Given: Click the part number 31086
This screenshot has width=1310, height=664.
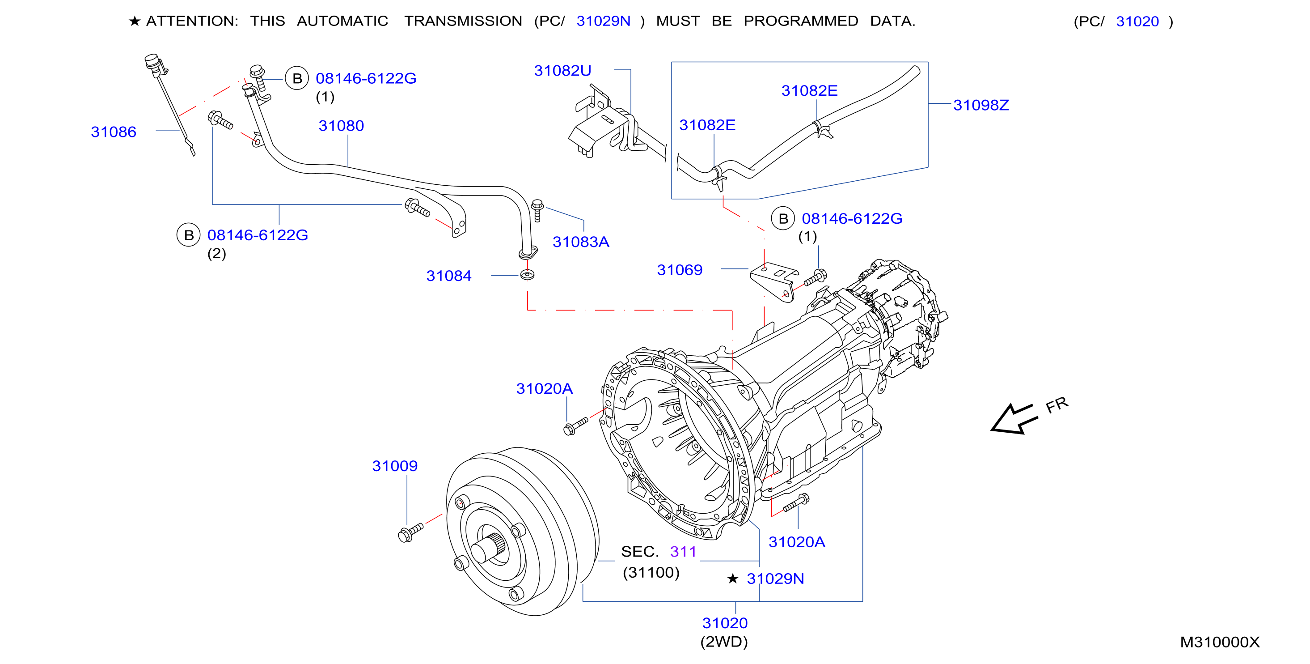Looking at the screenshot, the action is pyautogui.click(x=114, y=132).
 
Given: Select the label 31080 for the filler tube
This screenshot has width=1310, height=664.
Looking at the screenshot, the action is pyautogui.click(x=341, y=126).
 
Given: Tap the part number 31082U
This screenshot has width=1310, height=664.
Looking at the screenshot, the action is pyautogui.click(x=562, y=71).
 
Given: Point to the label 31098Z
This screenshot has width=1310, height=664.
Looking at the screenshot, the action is pyautogui.click(x=981, y=105).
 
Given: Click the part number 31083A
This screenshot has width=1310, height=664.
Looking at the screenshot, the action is pyautogui.click(x=581, y=242).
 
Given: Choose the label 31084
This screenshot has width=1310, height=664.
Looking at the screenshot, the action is pyautogui.click(x=449, y=276).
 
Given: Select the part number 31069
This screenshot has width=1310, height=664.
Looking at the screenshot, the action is pyautogui.click(x=680, y=270).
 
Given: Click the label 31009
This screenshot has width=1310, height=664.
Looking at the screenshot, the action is pyautogui.click(x=395, y=466).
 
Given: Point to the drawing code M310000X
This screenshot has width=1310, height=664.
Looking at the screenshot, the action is pyautogui.click(x=1220, y=642).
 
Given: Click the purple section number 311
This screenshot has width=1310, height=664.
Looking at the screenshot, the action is pyautogui.click(x=683, y=552).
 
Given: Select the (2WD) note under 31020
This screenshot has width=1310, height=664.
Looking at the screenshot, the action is pyautogui.click(x=724, y=642).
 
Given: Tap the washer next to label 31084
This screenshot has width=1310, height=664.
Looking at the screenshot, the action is pyautogui.click(x=528, y=275).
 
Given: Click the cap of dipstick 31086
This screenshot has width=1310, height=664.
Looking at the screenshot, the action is pyautogui.click(x=152, y=62).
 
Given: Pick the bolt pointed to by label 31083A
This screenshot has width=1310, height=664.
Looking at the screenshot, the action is pyautogui.click(x=537, y=211).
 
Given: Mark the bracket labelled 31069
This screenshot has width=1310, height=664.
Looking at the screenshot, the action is pyautogui.click(x=773, y=281).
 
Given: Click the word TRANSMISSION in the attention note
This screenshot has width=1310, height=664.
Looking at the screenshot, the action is pyautogui.click(x=463, y=21).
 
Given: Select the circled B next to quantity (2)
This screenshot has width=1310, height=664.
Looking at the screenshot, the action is pyautogui.click(x=189, y=235).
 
